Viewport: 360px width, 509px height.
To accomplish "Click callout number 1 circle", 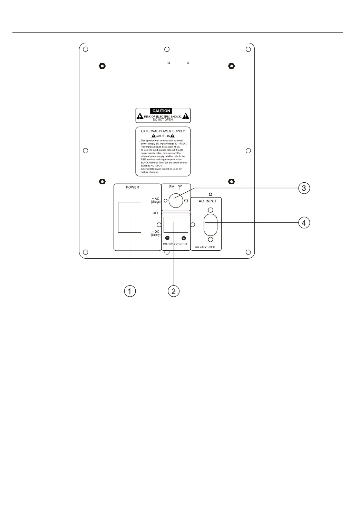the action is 129,291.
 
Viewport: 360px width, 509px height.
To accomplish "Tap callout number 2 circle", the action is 173,291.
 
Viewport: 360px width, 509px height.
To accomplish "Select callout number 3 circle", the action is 304,188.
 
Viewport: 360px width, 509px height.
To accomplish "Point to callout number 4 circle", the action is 304,223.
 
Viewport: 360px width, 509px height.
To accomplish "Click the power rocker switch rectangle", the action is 129,218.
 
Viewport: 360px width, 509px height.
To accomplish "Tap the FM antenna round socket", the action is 176,201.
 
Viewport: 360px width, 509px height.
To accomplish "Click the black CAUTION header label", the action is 161,111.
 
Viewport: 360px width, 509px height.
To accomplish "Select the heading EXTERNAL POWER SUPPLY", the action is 163,131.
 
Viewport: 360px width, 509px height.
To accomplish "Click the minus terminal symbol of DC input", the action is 167,238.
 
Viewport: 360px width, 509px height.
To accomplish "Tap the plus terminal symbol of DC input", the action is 184,238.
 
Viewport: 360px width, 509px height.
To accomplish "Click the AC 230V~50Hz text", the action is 205,247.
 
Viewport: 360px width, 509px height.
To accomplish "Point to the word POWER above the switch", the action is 133,187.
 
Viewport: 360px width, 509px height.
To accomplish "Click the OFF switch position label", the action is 156,213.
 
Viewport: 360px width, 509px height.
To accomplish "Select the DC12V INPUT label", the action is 176,244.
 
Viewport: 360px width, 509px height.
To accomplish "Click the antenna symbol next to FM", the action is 180,188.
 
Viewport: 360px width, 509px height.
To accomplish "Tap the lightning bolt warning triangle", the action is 140,116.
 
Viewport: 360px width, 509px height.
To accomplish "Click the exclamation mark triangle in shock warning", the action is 186,116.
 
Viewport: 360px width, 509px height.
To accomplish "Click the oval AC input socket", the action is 211,224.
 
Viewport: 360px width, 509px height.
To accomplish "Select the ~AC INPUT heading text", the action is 206,201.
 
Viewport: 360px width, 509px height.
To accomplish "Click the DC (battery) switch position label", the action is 156,233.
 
